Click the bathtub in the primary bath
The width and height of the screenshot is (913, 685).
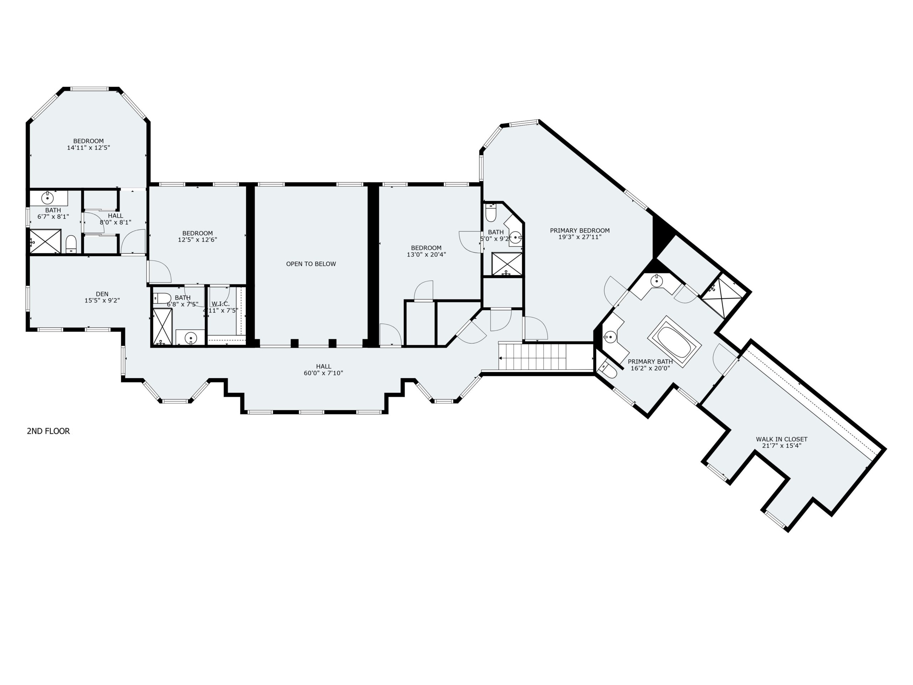[674, 342]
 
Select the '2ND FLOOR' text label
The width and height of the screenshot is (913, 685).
[48, 431]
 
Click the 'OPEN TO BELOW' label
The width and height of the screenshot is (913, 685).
[311, 264]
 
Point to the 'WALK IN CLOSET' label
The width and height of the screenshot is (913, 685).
[782, 439]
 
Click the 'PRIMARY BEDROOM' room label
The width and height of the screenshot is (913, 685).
[580, 230]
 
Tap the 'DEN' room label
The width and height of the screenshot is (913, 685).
[102, 294]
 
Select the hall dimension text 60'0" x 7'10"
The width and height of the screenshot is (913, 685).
[323, 373]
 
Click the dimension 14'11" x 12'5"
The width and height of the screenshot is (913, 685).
[89, 148]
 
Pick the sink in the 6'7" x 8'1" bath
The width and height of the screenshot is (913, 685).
[47, 198]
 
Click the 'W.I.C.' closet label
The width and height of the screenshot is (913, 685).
[221, 304]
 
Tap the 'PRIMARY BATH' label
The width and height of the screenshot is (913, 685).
[651, 362]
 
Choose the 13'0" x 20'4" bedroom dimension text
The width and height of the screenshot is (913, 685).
[427, 255]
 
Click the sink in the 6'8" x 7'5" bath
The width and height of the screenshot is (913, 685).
[191, 338]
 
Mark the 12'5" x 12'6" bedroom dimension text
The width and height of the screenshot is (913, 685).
[198, 240]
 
